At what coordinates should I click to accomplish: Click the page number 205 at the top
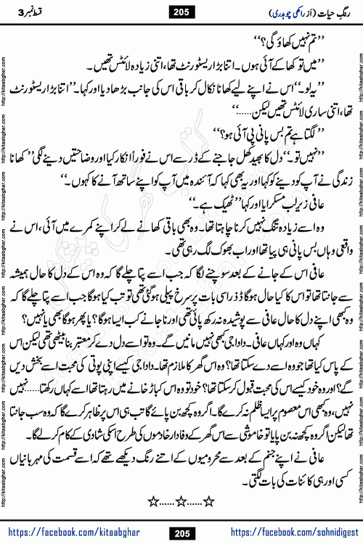click(181, 11)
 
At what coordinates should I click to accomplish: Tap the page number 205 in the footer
click(181, 533)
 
